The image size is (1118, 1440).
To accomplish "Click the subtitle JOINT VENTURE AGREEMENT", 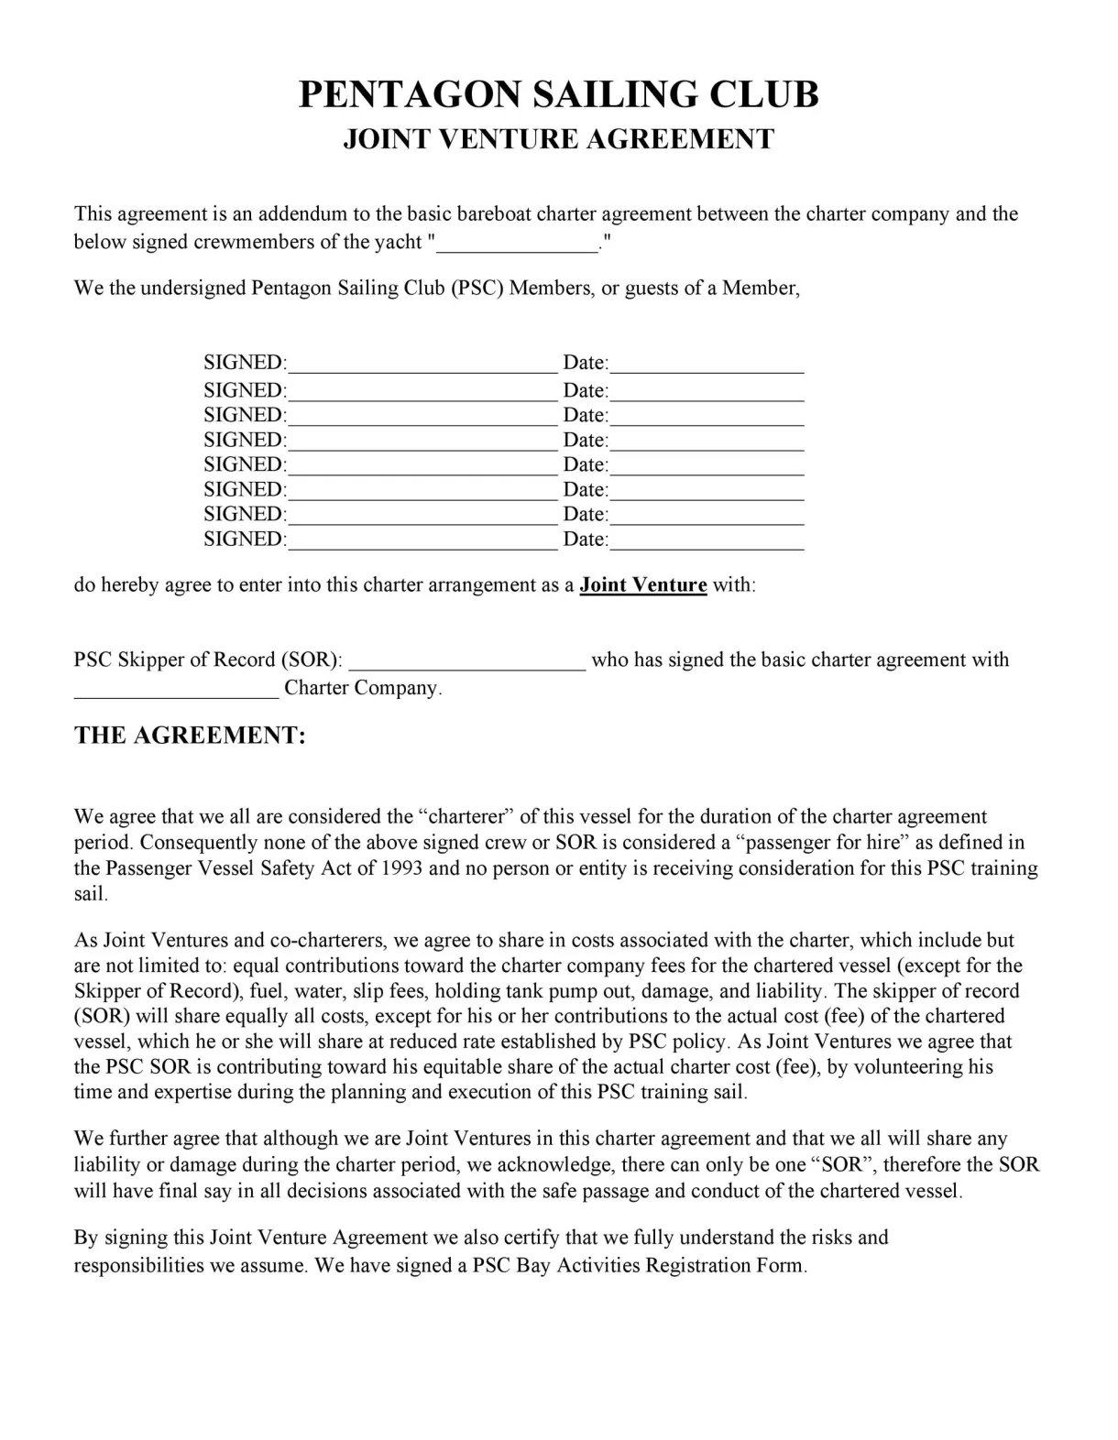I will [x=558, y=139].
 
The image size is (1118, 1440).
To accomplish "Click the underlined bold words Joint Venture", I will [x=642, y=584].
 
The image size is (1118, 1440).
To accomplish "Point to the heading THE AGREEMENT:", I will [x=190, y=736].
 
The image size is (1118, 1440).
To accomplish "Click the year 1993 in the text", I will [x=400, y=867].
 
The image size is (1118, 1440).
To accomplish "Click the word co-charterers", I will [x=328, y=940].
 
